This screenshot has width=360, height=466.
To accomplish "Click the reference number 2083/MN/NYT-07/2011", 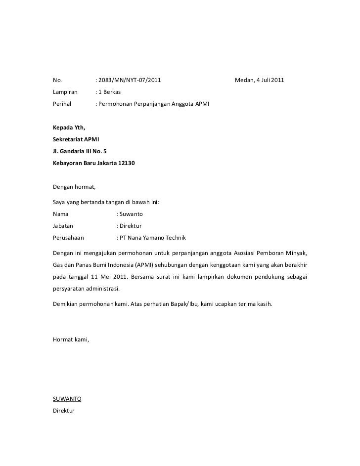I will [129, 81].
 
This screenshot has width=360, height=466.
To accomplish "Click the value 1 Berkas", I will [109, 92].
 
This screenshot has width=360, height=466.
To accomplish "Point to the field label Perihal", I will [62, 104].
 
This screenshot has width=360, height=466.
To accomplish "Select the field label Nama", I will [61, 215].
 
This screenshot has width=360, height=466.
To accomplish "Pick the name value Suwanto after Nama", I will [131, 215].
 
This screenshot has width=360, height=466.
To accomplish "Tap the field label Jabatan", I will [63, 226].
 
